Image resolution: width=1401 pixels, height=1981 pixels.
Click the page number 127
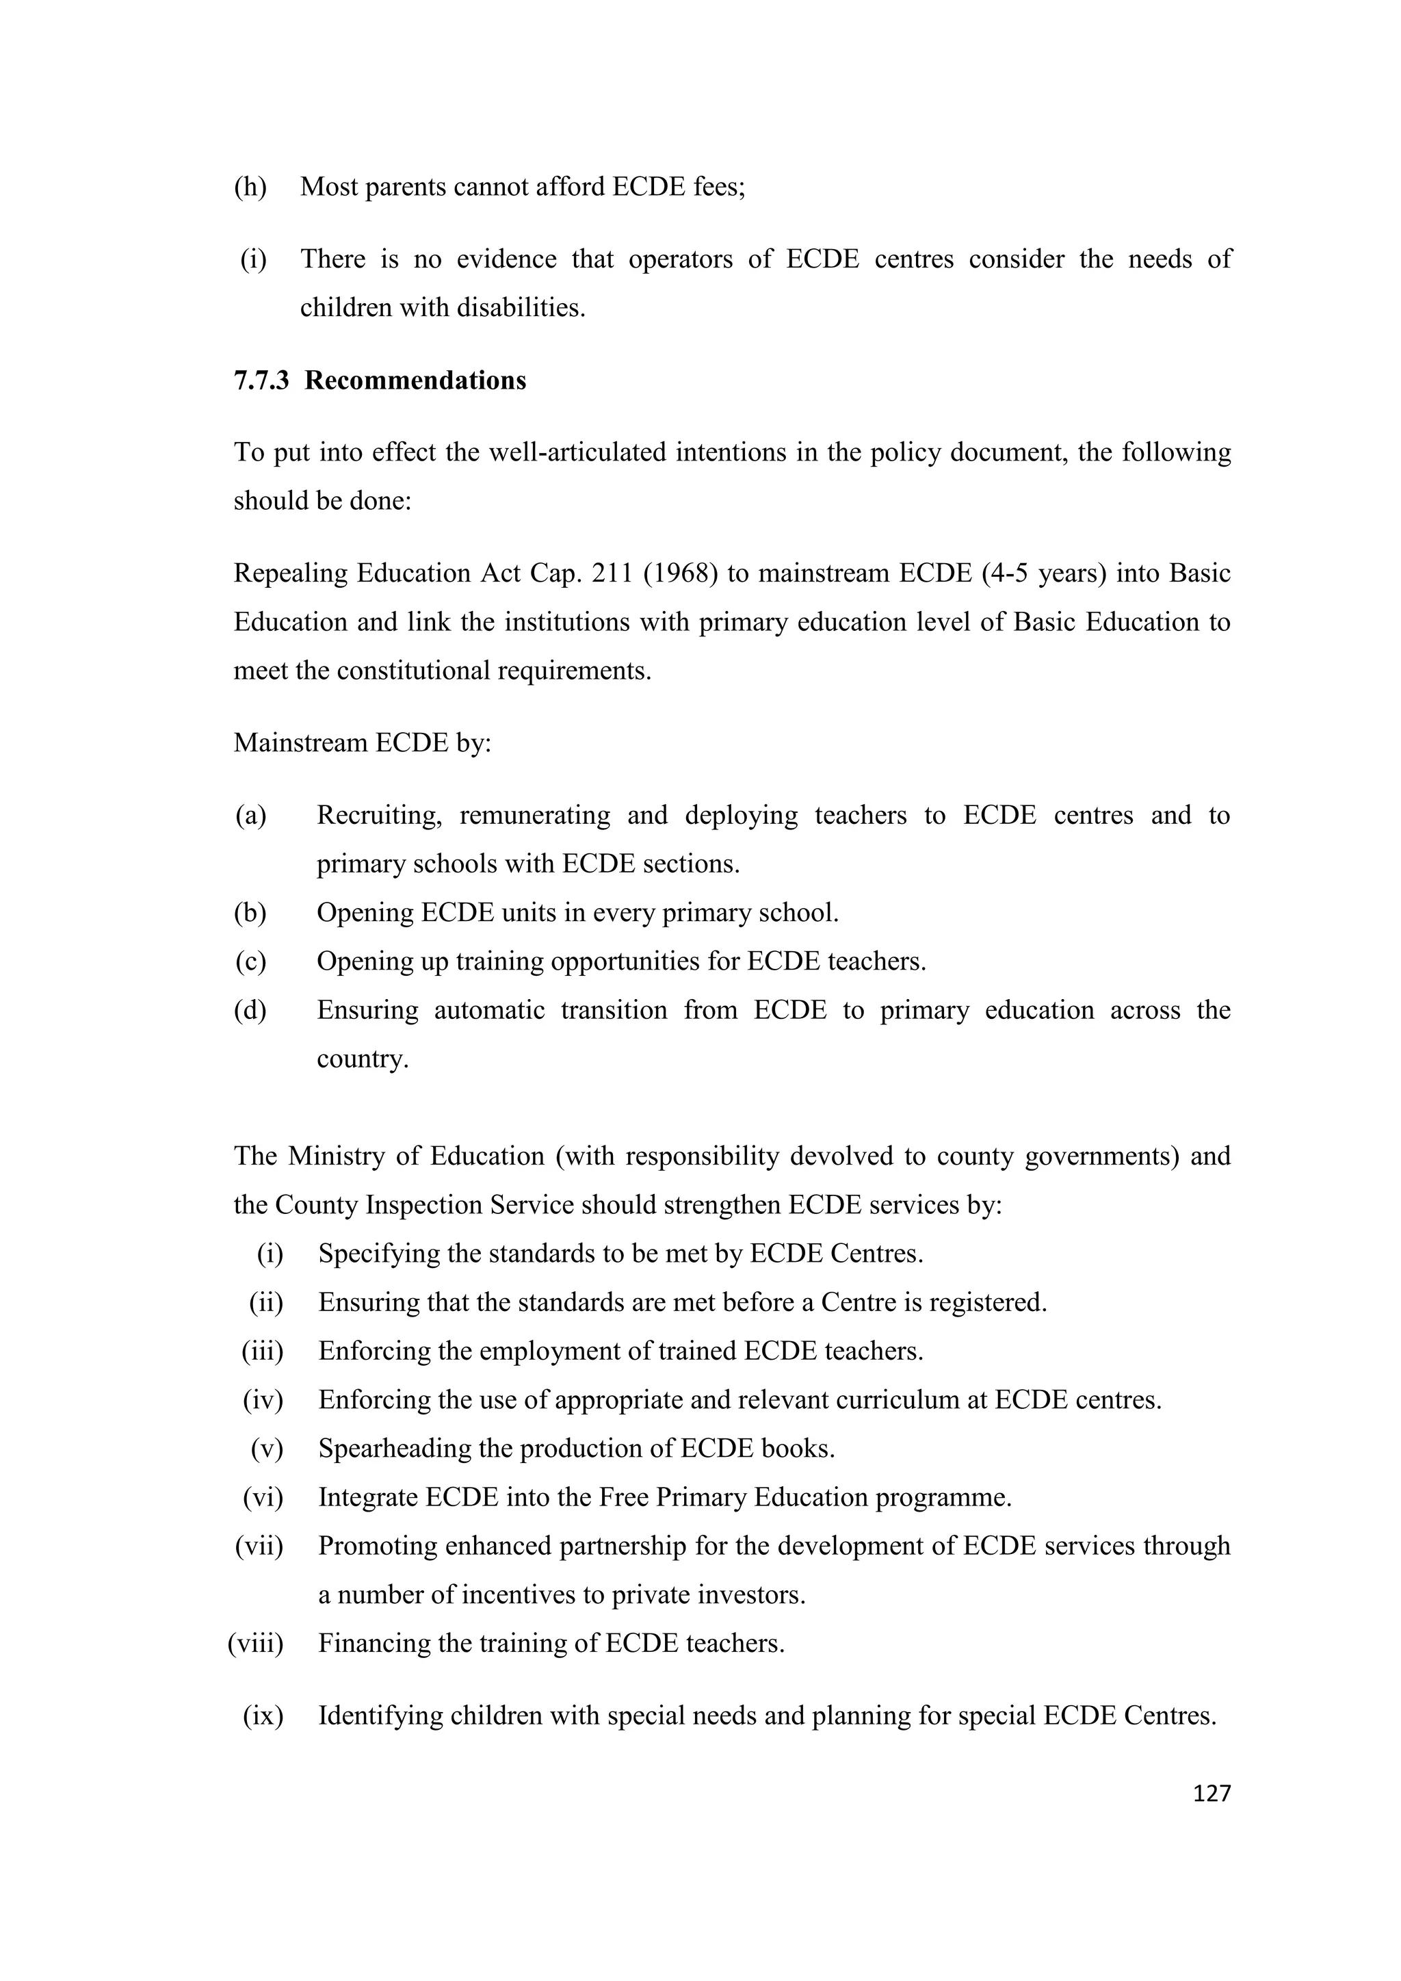(x=1212, y=1794)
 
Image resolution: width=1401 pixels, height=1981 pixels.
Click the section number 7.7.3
(x=261, y=380)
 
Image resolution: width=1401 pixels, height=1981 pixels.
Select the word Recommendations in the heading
(x=415, y=380)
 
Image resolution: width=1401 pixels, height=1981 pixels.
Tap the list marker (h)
(x=250, y=186)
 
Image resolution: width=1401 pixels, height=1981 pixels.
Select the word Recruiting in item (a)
(x=380, y=816)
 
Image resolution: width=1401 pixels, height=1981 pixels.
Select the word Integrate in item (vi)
(x=367, y=1497)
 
